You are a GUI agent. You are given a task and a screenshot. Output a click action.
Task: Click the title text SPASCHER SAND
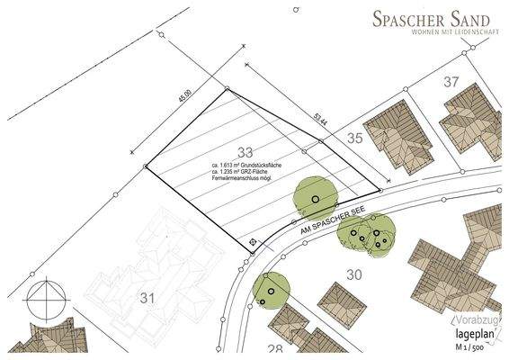click(432, 17)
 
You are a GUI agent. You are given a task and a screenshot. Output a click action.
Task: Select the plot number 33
click(246, 150)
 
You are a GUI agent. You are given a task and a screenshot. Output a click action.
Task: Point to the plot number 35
click(354, 138)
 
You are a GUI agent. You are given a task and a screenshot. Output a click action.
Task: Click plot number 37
click(451, 82)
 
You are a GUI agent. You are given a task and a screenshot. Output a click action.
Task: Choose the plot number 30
click(353, 274)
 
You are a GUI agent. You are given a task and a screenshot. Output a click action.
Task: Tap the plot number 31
click(145, 298)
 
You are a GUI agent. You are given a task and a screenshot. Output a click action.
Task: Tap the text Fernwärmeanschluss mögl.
click(247, 181)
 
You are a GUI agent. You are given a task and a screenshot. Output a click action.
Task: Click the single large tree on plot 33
click(315, 197)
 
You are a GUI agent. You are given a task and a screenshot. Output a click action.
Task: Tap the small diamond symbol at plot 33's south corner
click(254, 242)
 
